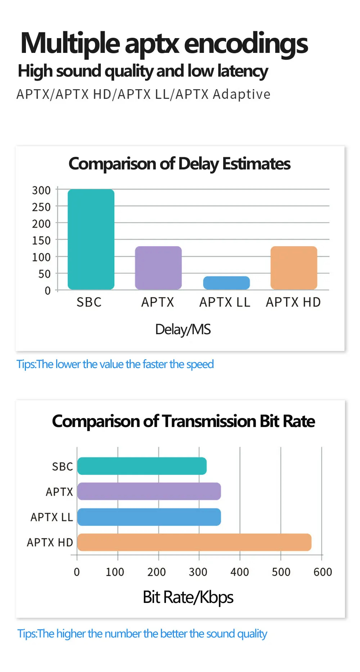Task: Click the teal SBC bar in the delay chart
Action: tap(91, 239)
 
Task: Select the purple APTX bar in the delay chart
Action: tap(158, 268)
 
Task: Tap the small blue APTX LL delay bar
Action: tap(226, 283)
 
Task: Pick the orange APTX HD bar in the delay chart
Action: tap(294, 268)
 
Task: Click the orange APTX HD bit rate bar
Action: tap(194, 542)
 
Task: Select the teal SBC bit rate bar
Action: tap(142, 466)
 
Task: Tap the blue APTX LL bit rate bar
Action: tap(149, 517)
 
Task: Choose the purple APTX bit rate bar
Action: tap(149, 491)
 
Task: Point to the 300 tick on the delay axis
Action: tap(41, 190)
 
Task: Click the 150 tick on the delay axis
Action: tap(41, 240)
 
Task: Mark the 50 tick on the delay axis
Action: tap(45, 274)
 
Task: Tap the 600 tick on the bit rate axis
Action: tap(323, 572)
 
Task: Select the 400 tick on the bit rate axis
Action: tap(240, 572)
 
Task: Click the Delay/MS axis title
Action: tap(183, 330)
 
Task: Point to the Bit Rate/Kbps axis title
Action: tap(188, 598)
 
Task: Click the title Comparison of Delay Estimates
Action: tap(179, 164)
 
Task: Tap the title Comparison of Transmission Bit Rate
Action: tap(183, 421)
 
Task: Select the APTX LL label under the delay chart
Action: tap(225, 302)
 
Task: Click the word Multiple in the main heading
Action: tap(70, 44)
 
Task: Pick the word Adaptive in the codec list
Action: tap(242, 94)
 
